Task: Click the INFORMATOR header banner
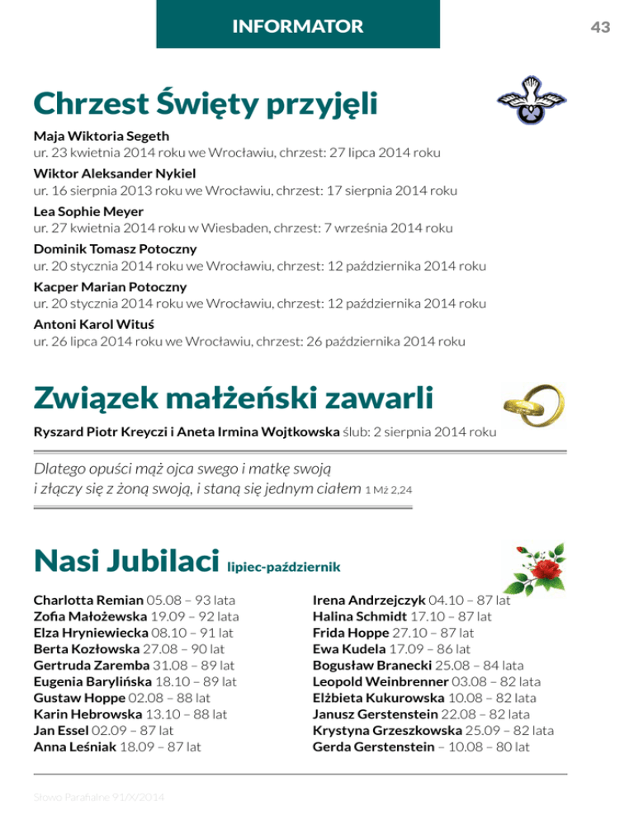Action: [298, 26]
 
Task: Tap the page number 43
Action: [600, 27]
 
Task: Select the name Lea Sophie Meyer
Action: [78, 211]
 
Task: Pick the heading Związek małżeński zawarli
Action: [234, 399]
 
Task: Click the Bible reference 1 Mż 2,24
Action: [389, 491]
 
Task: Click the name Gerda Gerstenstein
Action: [374, 747]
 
